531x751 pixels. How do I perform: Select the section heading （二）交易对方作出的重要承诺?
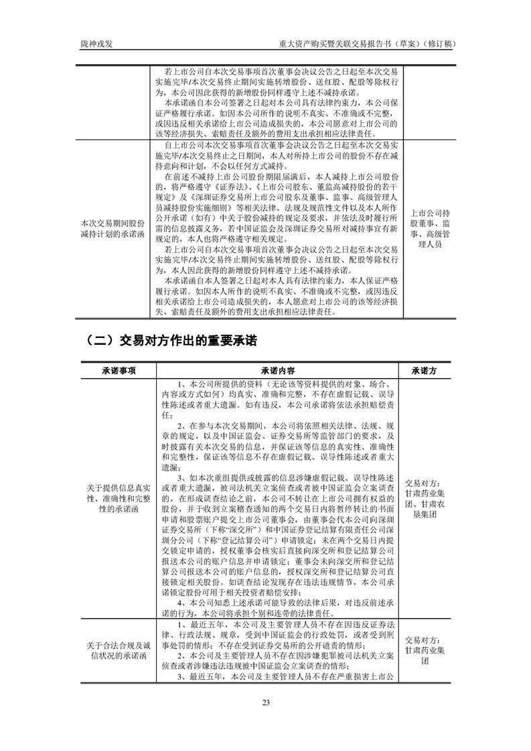pos(172,340)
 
